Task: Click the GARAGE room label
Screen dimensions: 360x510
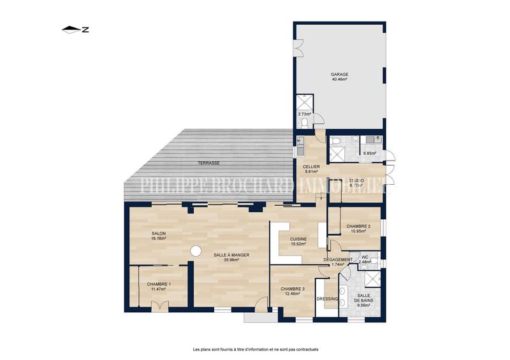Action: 339,74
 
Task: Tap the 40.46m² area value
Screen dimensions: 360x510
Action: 339,80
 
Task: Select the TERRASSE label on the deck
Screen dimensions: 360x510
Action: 208,163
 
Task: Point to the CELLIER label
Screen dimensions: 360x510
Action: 311,166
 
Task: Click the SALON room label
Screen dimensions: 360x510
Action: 159,234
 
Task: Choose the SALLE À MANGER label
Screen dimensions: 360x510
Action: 231,254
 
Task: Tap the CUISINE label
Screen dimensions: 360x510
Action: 298,239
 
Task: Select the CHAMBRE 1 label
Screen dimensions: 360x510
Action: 159,284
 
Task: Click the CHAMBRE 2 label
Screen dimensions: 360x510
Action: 358,226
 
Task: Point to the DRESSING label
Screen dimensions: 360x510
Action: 327,299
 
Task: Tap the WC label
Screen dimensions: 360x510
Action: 365,257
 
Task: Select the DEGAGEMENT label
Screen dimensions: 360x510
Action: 338,259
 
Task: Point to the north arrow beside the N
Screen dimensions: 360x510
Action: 71,29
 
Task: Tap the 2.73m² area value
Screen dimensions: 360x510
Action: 304,113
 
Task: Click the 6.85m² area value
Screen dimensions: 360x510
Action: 370,153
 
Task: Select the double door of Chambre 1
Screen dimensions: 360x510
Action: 159,307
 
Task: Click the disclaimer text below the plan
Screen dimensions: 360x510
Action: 255,349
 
